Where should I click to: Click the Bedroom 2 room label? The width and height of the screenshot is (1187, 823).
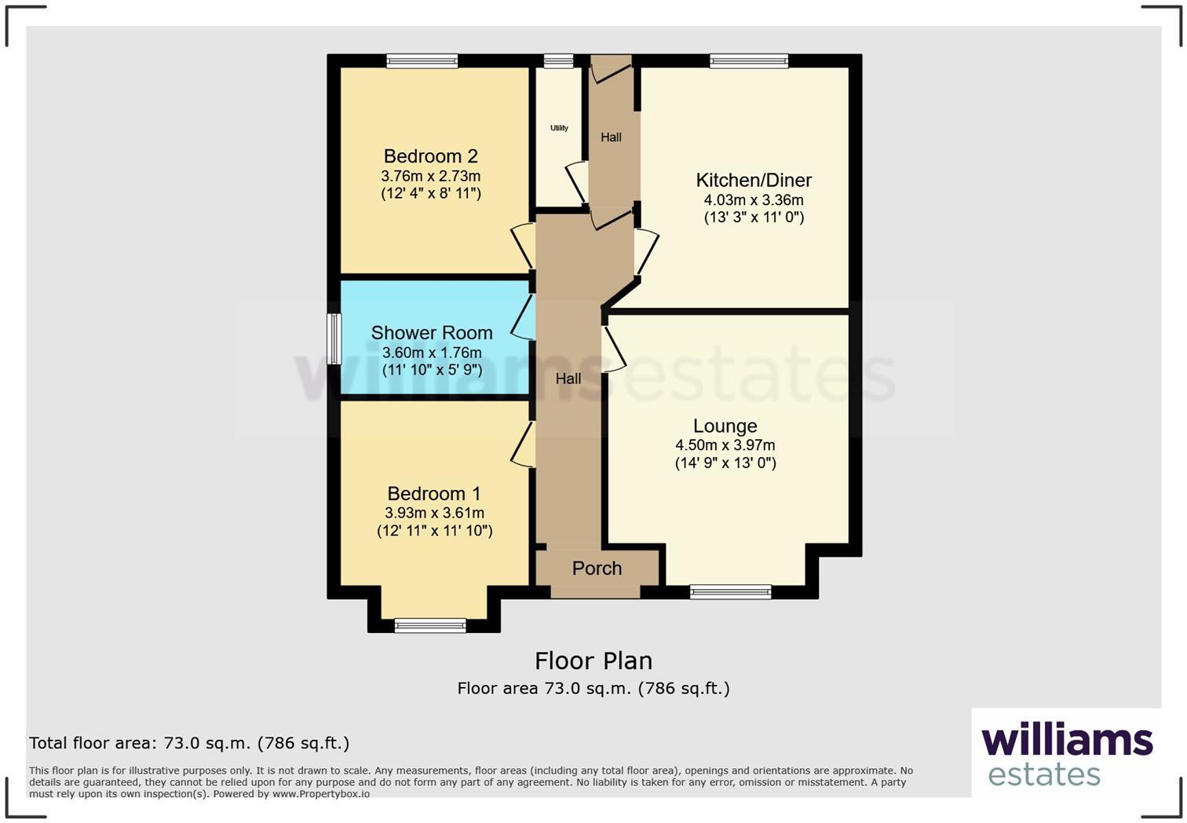(430, 156)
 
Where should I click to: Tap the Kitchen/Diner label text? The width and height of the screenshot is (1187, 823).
(754, 180)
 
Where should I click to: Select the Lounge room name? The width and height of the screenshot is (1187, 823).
(725, 426)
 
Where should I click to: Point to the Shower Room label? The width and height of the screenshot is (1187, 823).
(432, 333)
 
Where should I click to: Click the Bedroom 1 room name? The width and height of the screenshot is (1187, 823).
(434, 494)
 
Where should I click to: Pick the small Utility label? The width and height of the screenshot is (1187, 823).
(559, 128)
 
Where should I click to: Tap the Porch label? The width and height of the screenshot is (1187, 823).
(597, 569)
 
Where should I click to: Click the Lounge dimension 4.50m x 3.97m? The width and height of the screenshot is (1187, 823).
(725, 445)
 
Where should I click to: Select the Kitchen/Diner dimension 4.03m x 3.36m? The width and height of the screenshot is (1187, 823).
(754, 200)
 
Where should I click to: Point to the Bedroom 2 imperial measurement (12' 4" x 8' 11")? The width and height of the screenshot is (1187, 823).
(431, 193)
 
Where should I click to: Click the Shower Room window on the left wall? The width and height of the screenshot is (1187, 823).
(334, 339)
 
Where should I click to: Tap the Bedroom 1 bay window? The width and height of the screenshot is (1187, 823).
(430, 625)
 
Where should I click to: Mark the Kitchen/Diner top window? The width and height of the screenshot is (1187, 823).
(749, 60)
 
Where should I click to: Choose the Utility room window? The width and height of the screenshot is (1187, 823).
(558, 60)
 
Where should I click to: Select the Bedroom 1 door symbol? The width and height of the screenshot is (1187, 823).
(524, 444)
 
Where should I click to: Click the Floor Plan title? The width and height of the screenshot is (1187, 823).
(593, 660)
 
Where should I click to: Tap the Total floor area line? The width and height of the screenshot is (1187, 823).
(189, 743)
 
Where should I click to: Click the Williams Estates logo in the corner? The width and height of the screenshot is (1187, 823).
(1066, 754)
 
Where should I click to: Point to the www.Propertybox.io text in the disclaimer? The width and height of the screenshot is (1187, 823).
(320, 794)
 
